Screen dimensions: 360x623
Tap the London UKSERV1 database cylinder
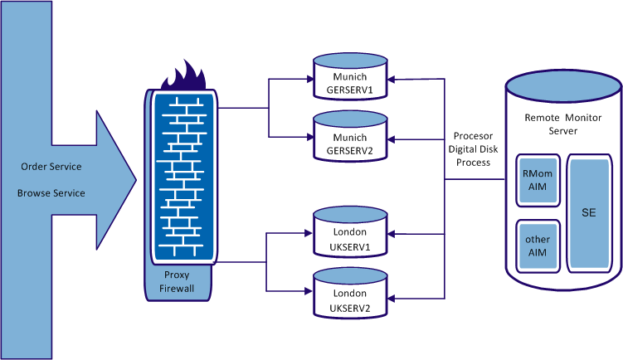(349, 236)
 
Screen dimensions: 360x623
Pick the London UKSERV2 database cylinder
(349, 298)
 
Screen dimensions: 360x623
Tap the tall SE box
(588, 213)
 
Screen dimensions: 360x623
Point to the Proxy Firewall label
(179, 282)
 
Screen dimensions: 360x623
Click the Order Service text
(51, 167)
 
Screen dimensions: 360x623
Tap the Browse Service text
(51, 193)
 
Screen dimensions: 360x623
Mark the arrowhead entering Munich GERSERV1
(392, 80)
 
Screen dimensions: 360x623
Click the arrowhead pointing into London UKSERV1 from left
(308, 234)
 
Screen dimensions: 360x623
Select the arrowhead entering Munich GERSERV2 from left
(308, 136)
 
